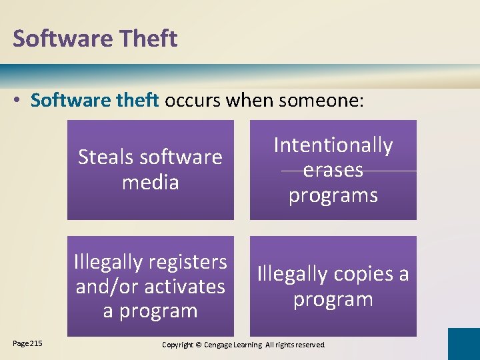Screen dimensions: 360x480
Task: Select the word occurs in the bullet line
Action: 193,101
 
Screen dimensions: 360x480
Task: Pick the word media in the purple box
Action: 151,182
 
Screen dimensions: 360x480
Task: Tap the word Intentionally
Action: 333,145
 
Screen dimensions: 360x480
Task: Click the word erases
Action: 333,170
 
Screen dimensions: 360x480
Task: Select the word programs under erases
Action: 333,195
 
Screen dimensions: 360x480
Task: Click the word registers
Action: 187,262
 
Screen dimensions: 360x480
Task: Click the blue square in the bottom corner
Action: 463,344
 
